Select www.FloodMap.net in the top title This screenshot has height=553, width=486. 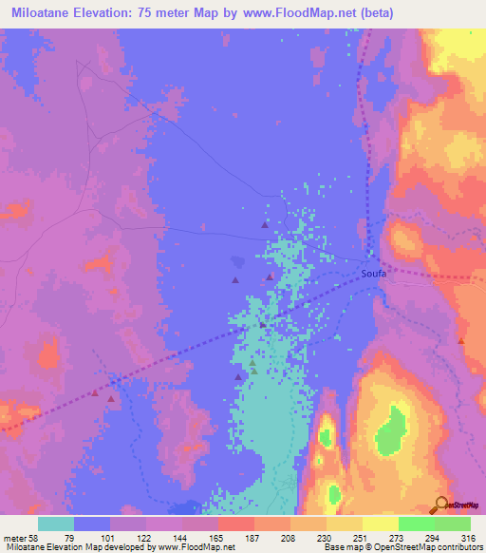[x=302, y=13]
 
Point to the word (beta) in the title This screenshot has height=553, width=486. [x=374, y=13]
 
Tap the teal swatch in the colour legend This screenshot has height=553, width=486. [x=56, y=524]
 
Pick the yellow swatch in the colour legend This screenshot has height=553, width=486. [x=380, y=524]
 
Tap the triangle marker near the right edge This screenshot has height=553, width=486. [x=461, y=340]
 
